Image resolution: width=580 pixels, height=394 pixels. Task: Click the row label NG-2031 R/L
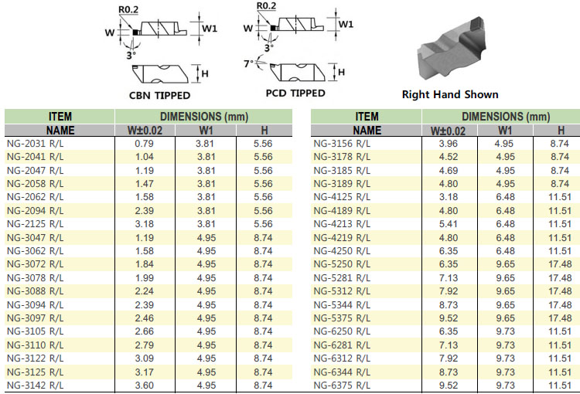[35, 144]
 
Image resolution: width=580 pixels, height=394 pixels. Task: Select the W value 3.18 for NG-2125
[145, 224]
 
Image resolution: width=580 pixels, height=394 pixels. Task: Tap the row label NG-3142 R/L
[35, 386]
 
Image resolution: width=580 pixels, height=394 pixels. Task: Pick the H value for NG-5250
[560, 264]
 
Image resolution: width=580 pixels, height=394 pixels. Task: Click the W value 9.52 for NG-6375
[449, 386]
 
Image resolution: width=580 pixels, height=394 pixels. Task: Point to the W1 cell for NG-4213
[505, 224]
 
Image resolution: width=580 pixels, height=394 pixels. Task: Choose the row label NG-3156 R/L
[342, 144]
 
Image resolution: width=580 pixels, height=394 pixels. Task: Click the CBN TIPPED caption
[159, 95]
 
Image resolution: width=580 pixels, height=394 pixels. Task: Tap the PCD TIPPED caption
[295, 93]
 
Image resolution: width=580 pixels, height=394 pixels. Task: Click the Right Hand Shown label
[450, 94]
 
